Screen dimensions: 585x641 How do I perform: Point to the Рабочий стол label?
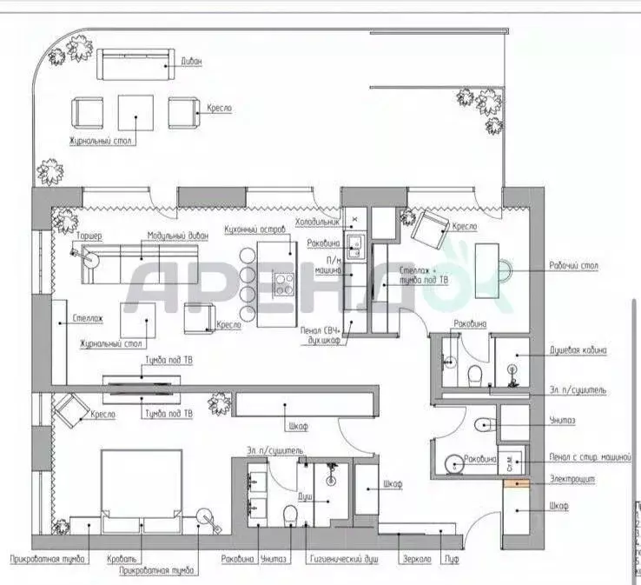tap(574, 266)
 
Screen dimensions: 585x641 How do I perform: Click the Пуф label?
tap(449, 560)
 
